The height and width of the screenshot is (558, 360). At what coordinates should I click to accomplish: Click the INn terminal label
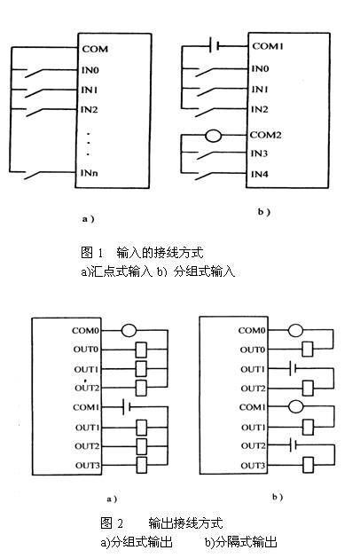point(90,173)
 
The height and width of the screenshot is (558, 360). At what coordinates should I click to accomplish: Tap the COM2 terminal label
point(265,135)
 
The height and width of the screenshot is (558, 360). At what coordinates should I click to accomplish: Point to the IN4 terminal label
point(259,174)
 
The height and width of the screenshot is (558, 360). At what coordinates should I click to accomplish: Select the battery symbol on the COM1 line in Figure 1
point(215,45)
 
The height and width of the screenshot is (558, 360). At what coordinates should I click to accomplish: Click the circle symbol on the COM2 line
point(214,135)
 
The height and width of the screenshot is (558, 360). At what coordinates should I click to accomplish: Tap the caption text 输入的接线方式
point(160,252)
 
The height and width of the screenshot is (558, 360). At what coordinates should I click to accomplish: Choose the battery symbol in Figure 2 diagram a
point(126,407)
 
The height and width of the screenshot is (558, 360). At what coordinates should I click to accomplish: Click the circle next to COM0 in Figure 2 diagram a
point(129,330)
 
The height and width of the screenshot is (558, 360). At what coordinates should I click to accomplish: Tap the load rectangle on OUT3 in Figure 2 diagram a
point(142,465)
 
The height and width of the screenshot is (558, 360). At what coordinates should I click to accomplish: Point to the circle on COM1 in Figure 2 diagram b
point(295,406)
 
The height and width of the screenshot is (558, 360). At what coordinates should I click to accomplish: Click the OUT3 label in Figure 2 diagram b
point(253,466)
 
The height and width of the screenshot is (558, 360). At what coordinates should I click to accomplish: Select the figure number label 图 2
point(112,523)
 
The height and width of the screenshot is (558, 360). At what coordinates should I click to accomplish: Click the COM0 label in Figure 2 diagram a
point(85,331)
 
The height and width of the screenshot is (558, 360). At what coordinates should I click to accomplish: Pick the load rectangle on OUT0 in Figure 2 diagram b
point(308,350)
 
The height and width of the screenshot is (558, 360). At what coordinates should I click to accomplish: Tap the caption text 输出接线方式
point(185,523)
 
